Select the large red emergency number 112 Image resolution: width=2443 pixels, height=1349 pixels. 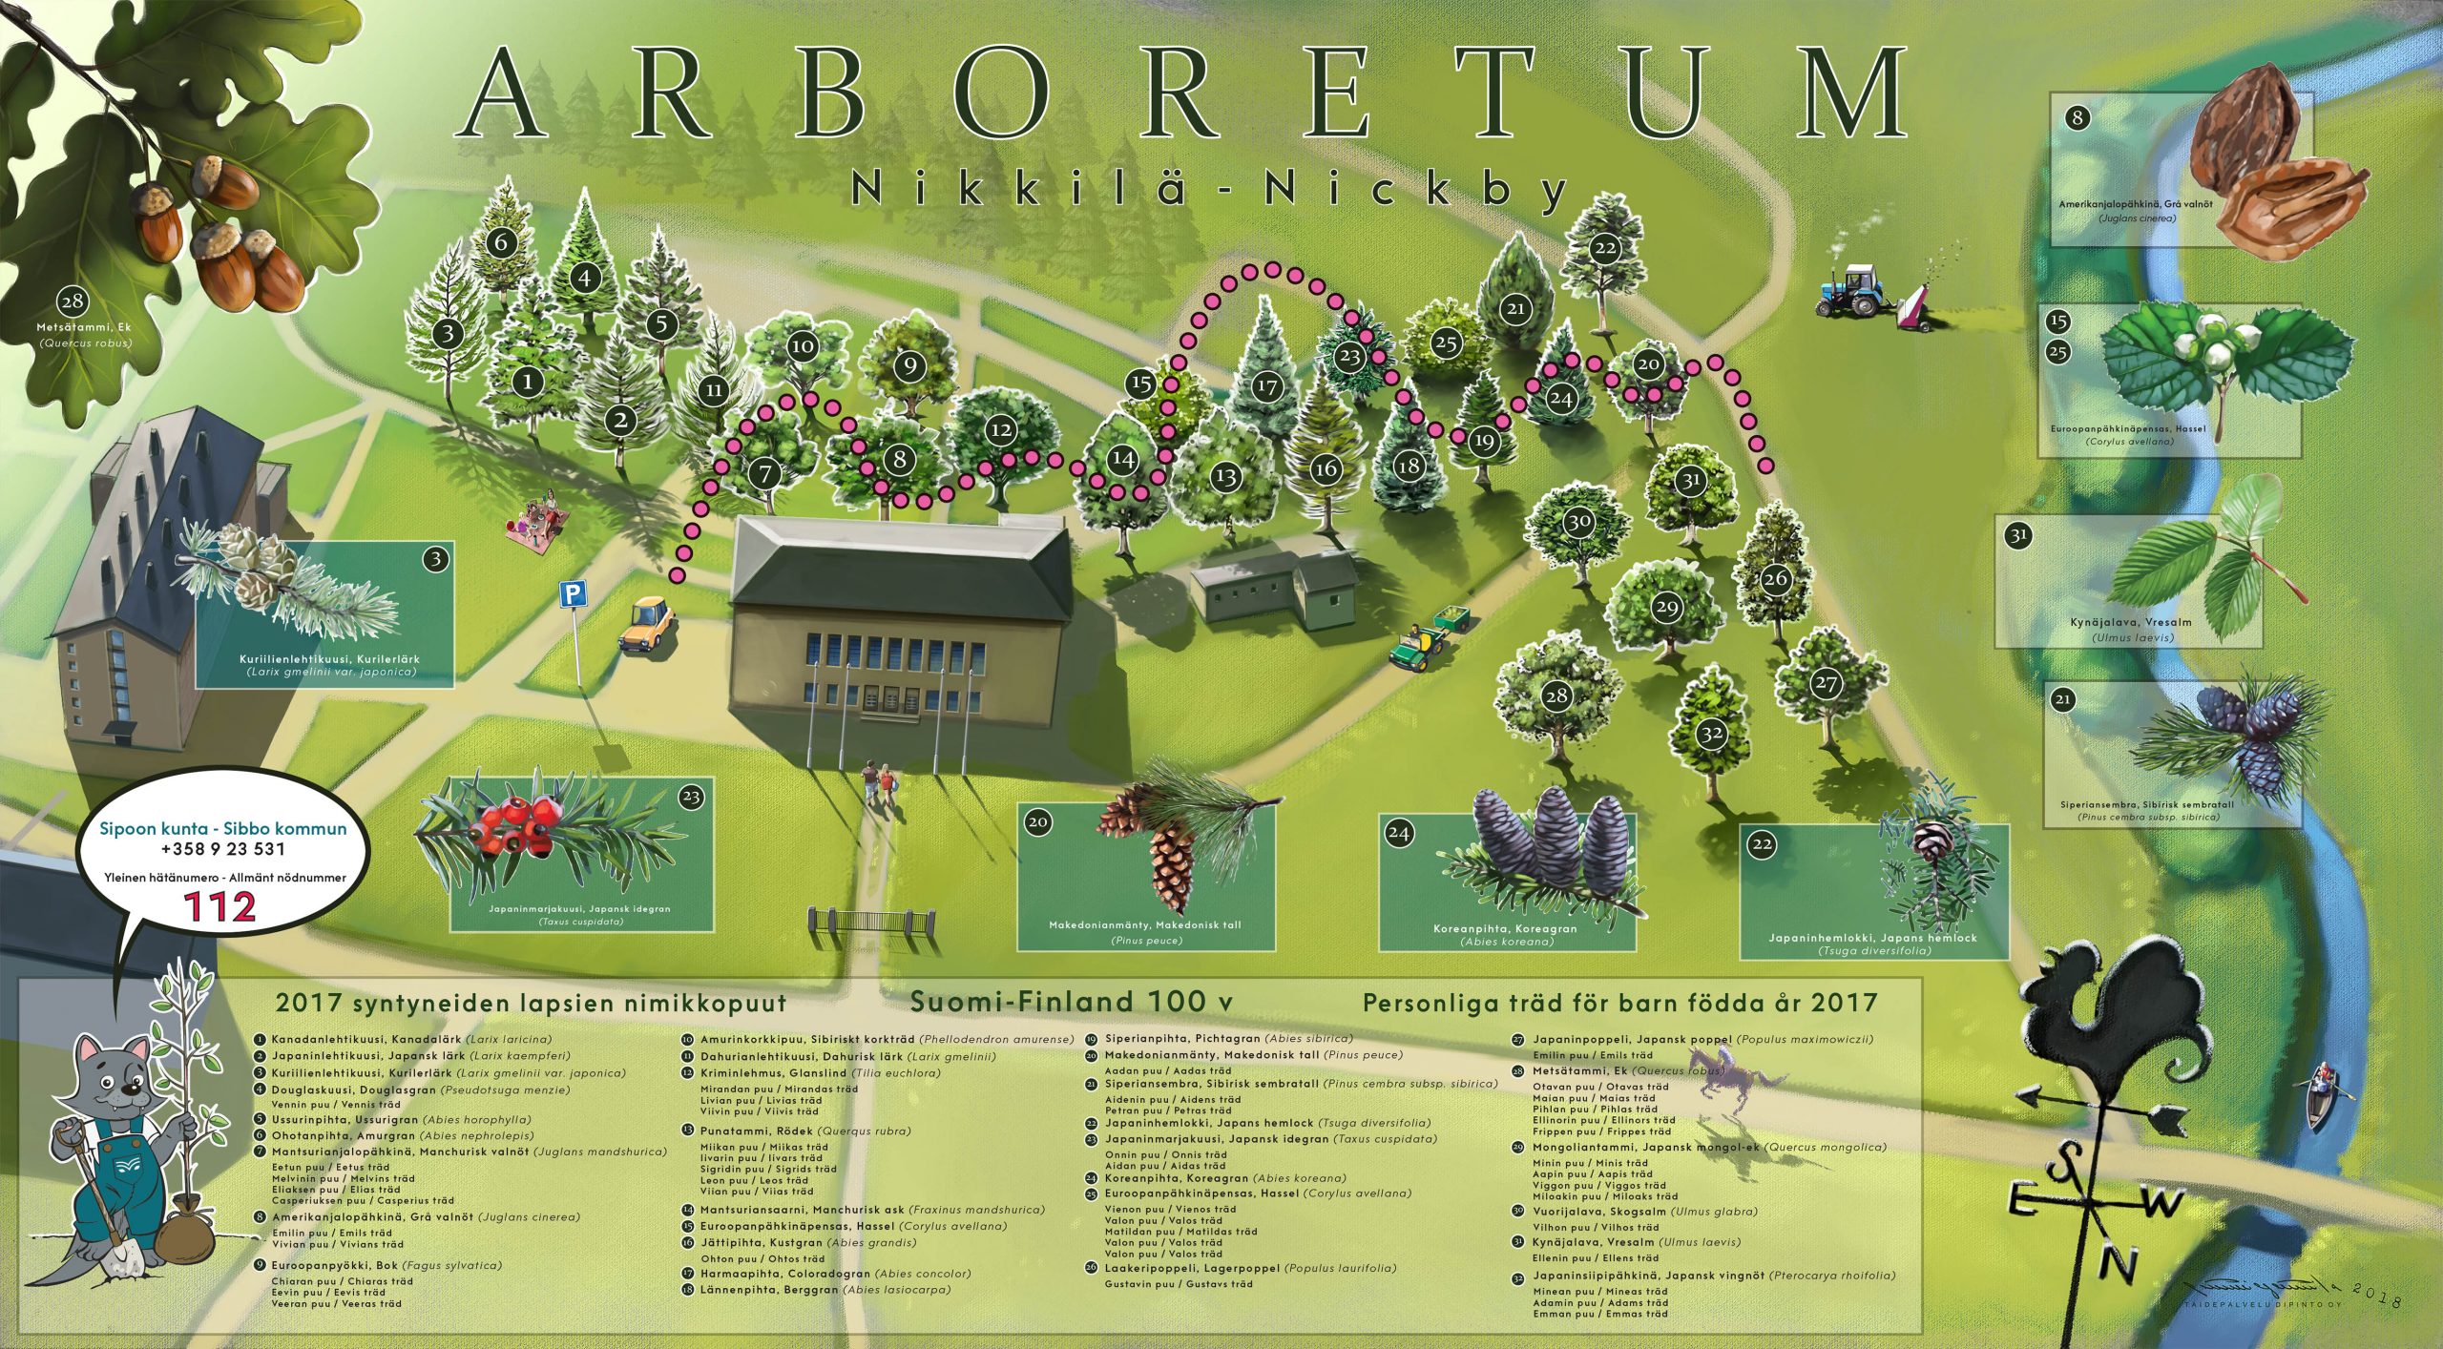coord(220,906)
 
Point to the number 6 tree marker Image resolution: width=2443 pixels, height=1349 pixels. coord(502,241)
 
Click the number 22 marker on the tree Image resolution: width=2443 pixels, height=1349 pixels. coord(1605,248)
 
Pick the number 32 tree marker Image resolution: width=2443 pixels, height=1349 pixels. coord(1711,734)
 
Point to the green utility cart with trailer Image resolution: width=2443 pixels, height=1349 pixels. coord(1422,644)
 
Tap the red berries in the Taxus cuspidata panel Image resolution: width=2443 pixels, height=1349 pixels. coord(520,822)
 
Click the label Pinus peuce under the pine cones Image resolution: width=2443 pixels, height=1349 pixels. coord(1146,941)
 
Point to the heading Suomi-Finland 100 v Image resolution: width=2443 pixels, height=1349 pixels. coord(1072,1002)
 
